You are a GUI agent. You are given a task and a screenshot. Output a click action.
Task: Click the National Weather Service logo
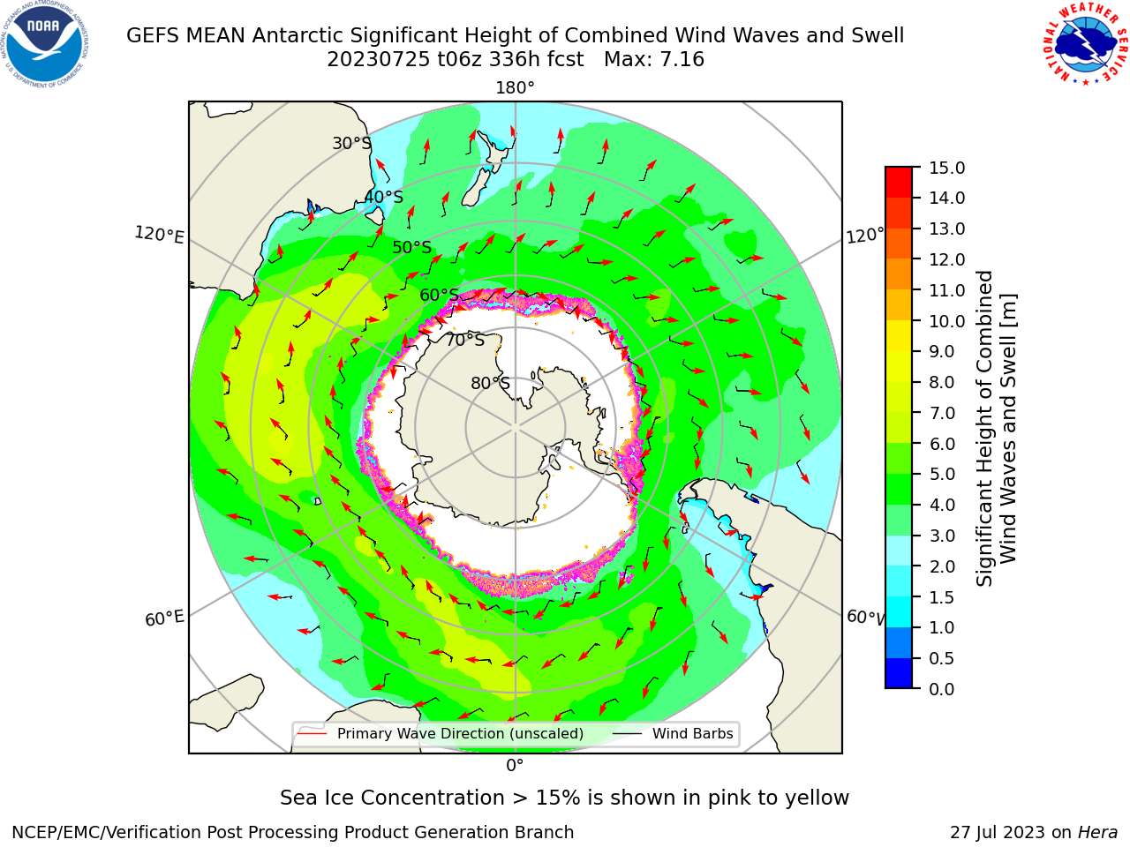tap(1086, 44)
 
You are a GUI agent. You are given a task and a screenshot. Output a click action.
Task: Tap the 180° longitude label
tap(515, 88)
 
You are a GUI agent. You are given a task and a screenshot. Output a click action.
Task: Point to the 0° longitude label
tap(515, 766)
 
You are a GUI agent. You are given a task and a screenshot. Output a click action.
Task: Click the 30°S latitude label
tap(351, 143)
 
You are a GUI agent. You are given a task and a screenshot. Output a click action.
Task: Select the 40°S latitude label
tap(384, 197)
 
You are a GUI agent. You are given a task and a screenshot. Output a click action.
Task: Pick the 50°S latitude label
tap(412, 247)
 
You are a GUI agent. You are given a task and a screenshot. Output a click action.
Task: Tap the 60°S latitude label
tap(439, 296)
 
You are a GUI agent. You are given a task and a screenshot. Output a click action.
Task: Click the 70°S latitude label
tap(465, 340)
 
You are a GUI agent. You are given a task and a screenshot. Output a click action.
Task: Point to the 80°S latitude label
tap(490, 383)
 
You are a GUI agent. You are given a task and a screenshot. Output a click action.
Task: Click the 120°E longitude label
tap(159, 235)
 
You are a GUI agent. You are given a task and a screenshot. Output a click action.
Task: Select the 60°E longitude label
tap(164, 618)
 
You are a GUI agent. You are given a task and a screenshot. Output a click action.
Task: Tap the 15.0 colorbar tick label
tap(946, 168)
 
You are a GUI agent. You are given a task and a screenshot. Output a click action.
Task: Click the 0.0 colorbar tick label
tap(942, 689)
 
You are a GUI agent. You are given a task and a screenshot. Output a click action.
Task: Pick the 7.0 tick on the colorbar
tap(915, 412)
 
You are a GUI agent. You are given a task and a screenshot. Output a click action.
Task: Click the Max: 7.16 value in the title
tap(654, 59)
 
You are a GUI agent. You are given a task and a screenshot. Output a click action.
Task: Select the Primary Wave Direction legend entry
tap(441, 733)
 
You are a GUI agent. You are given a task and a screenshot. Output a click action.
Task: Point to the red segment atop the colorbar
tap(899, 183)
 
